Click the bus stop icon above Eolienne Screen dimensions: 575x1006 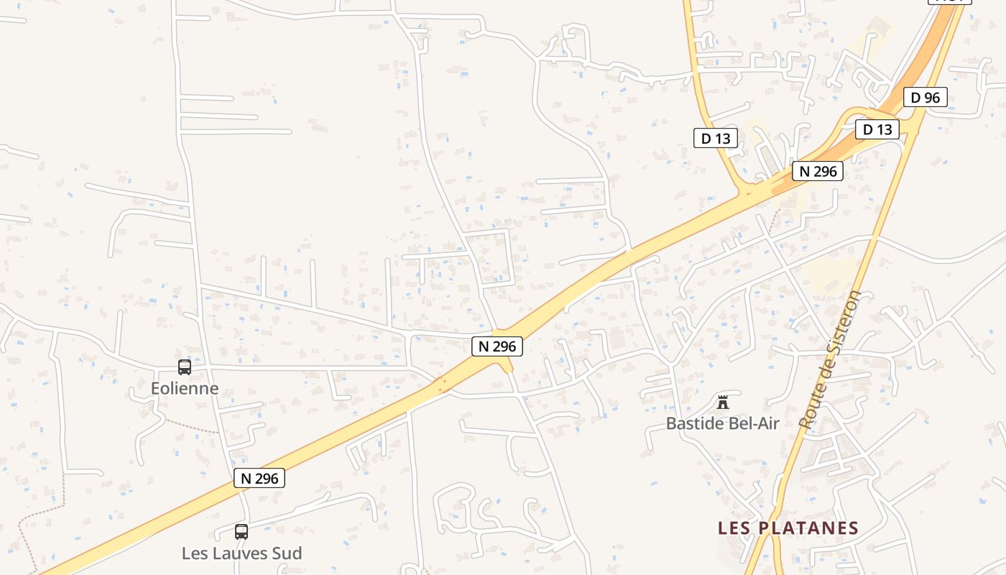tap(185, 367)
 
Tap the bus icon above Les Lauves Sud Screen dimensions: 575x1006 tap(241, 532)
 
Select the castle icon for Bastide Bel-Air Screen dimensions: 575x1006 tap(723, 402)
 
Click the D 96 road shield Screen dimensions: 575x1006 tap(925, 97)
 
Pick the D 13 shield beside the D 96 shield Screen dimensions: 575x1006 tap(877, 129)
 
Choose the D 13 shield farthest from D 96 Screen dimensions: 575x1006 tap(715, 138)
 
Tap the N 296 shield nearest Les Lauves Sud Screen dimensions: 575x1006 tap(259, 478)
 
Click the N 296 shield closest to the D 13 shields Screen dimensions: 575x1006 tap(817, 171)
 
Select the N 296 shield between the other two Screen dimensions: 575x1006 tap(497, 346)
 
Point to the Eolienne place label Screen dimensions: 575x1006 tap(185, 389)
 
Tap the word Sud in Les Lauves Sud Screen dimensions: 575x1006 tap(287, 553)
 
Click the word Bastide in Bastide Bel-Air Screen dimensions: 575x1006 tap(694, 423)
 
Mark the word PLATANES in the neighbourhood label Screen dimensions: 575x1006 tap(808, 528)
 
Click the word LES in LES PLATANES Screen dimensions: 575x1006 tap(735, 528)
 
